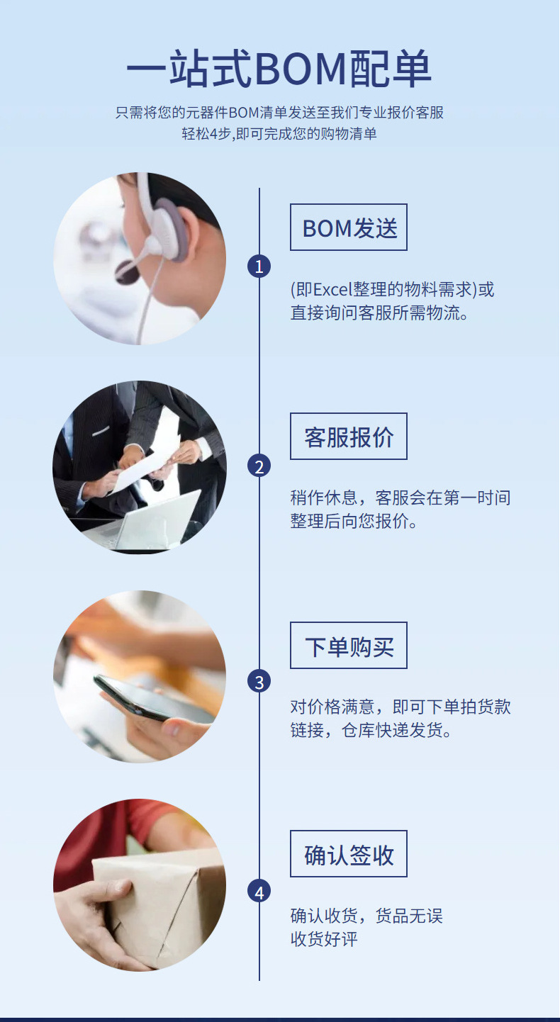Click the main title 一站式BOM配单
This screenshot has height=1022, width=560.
tap(279, 70)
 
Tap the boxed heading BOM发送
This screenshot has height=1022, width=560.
tap(349, 228)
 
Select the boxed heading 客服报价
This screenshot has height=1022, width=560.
tap(349, 437)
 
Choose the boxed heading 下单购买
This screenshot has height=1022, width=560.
tap(349, 646)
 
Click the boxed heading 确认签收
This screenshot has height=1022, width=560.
tap(349, 854)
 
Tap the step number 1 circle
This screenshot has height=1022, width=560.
tap(259, 266)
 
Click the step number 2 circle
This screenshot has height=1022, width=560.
tap(259, 466)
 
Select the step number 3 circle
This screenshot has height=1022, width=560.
tap(259, 682)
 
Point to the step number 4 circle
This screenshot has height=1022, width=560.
tap(259, 892)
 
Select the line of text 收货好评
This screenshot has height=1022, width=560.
tap(324, 939)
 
